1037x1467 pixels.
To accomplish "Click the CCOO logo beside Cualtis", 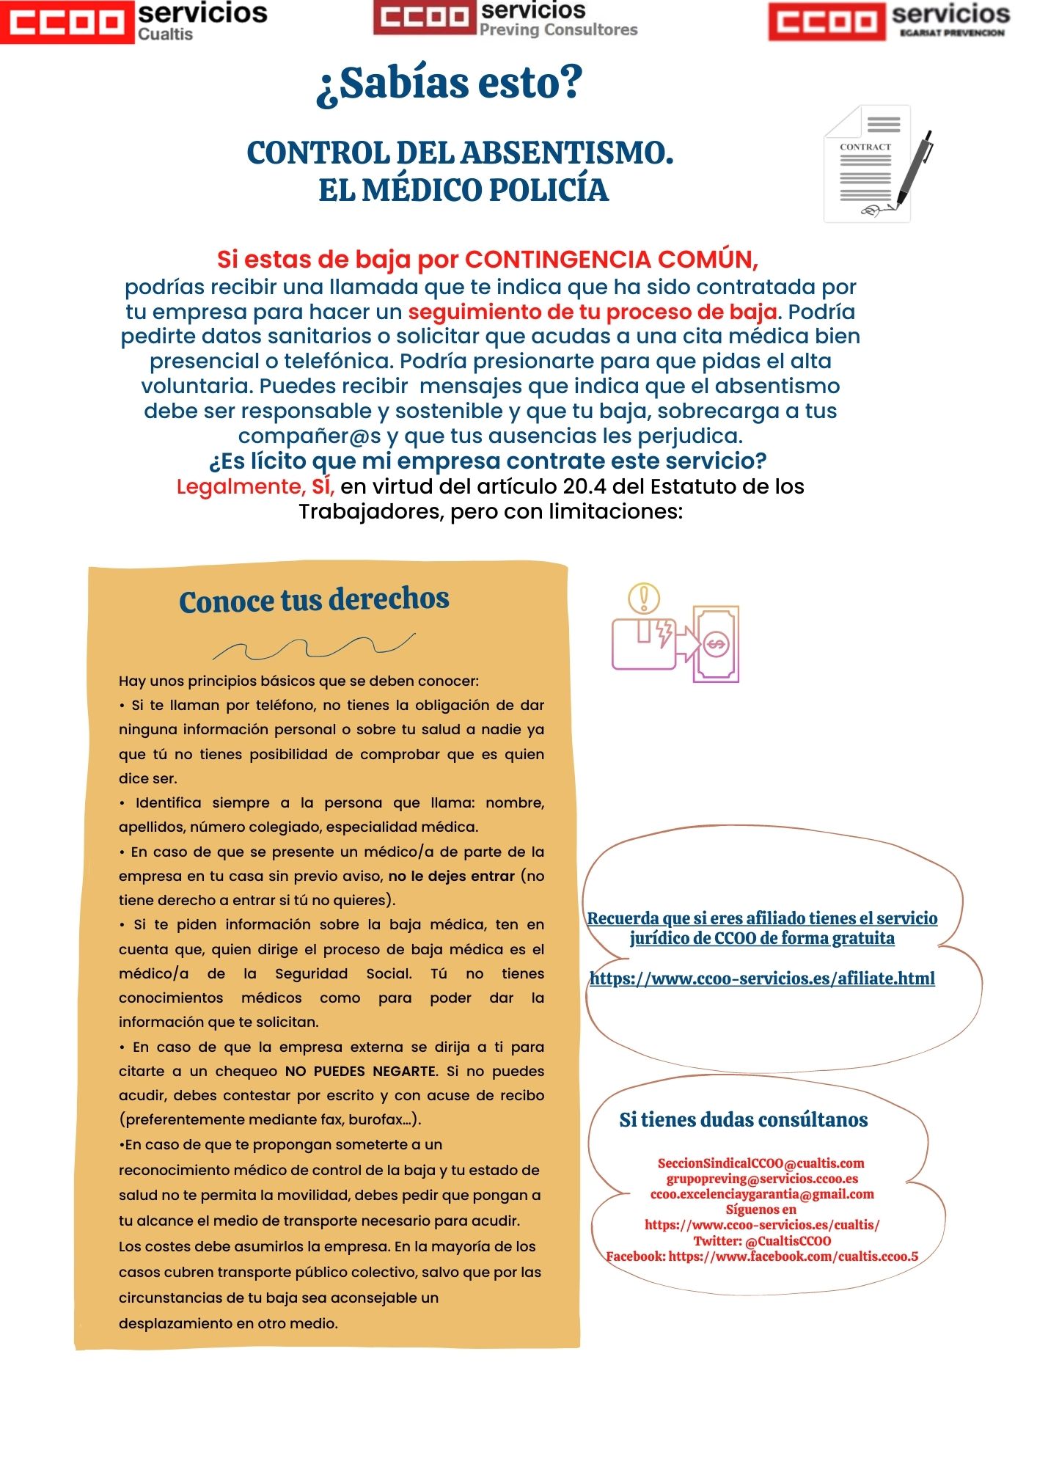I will [67, 22].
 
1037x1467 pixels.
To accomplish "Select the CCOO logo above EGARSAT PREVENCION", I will [826, 21].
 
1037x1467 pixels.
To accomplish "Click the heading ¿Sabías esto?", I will [449, 83].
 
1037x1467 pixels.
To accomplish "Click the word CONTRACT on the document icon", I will [865, 147].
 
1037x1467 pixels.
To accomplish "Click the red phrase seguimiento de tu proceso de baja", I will [593, 312].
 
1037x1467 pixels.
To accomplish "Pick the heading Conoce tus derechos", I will [314, 600].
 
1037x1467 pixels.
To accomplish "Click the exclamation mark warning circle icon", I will [644, 598].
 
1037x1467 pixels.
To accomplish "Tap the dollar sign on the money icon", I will [716, 645].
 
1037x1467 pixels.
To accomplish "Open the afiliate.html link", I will [762, 978].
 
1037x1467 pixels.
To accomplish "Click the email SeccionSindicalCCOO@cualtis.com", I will [761, 1163].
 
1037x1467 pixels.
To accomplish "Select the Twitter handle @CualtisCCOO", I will [788, 1241].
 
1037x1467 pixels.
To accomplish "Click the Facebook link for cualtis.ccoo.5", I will [793, 1256].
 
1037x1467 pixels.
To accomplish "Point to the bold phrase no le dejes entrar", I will [451, 876].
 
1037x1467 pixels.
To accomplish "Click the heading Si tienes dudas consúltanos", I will [743, 1119].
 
